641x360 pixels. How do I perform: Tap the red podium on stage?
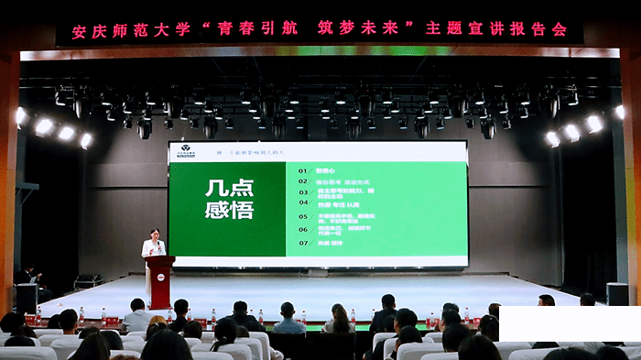click(x=159, y=281)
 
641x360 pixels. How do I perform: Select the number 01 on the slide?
click(x=304, y=169)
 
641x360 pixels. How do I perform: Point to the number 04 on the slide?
click(x=304, y=205)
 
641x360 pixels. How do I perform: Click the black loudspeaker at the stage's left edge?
click(x=27, y=297)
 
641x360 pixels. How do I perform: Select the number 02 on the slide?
click(x=304, y=180)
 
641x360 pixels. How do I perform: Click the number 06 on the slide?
click(x=304, y=230)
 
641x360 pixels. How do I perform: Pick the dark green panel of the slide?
click(x=227, y=209)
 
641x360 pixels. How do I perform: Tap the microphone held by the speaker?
click(x=157, y=245)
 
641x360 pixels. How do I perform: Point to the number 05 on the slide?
click(x=304, y=217)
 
